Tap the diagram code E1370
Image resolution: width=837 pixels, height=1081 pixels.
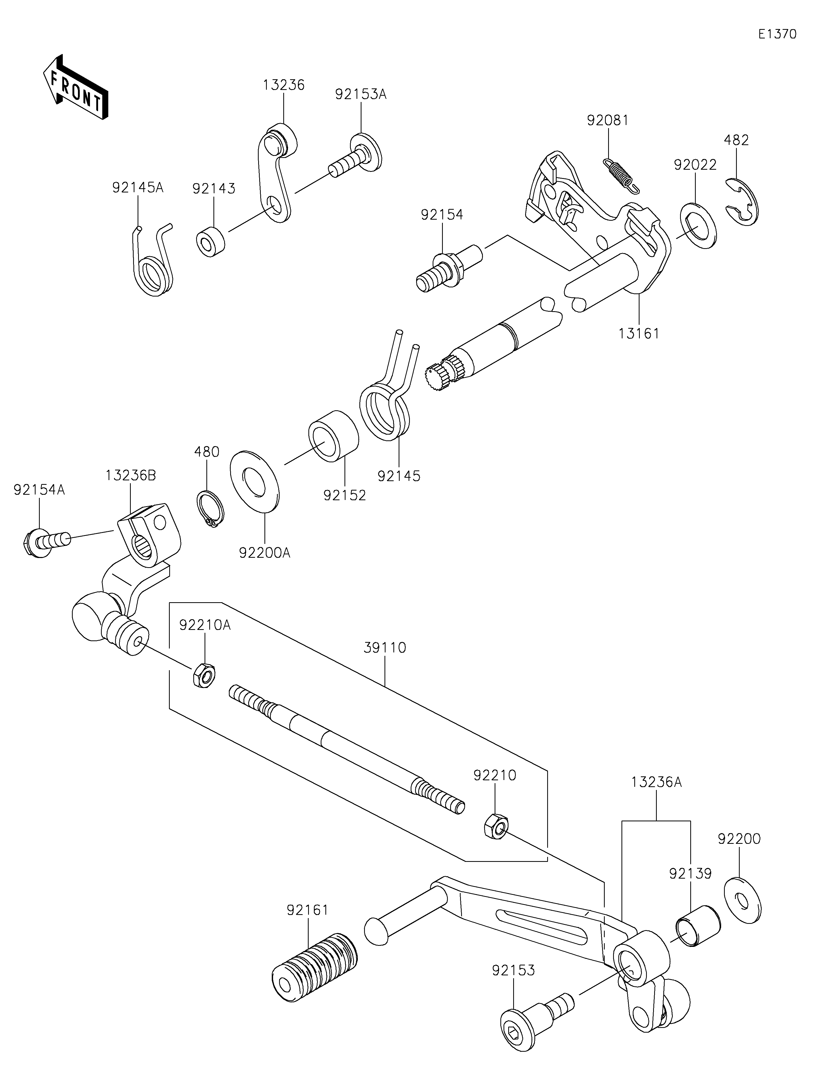[x=777, y=34]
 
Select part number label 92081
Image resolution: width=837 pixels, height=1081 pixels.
[x=608, y=120]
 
